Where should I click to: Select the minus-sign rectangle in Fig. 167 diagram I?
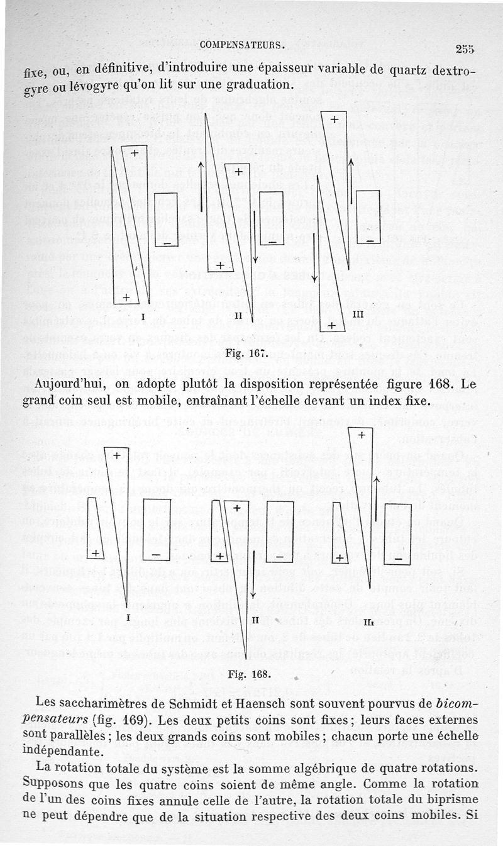[167, 220]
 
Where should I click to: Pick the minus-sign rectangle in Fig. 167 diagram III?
[368, 216]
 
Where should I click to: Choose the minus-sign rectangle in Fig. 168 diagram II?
[280, 532]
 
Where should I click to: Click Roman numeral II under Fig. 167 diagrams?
[238, 314]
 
